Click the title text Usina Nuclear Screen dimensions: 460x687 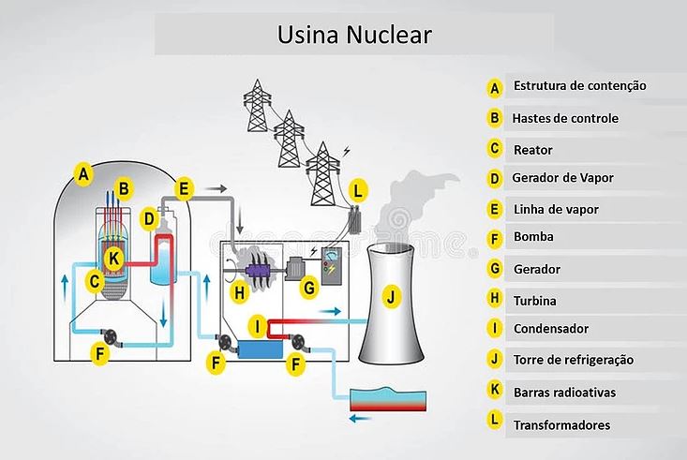[x=354, y=35]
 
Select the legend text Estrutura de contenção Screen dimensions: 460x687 [x=579, y=86]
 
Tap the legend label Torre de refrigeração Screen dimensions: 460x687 [x=573, y=360]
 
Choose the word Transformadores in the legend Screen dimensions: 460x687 [x=561, y=425]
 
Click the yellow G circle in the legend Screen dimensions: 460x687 [x=495, y=270]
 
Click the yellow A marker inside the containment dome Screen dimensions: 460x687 [x=83, y=173]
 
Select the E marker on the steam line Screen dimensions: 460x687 [x=184, y=188]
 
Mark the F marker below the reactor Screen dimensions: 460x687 [x=100, y=354]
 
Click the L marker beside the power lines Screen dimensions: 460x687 [x=356, y=191]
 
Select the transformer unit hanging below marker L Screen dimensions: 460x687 [x=356, y=222]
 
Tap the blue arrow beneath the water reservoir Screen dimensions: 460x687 [x=359, y=419]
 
